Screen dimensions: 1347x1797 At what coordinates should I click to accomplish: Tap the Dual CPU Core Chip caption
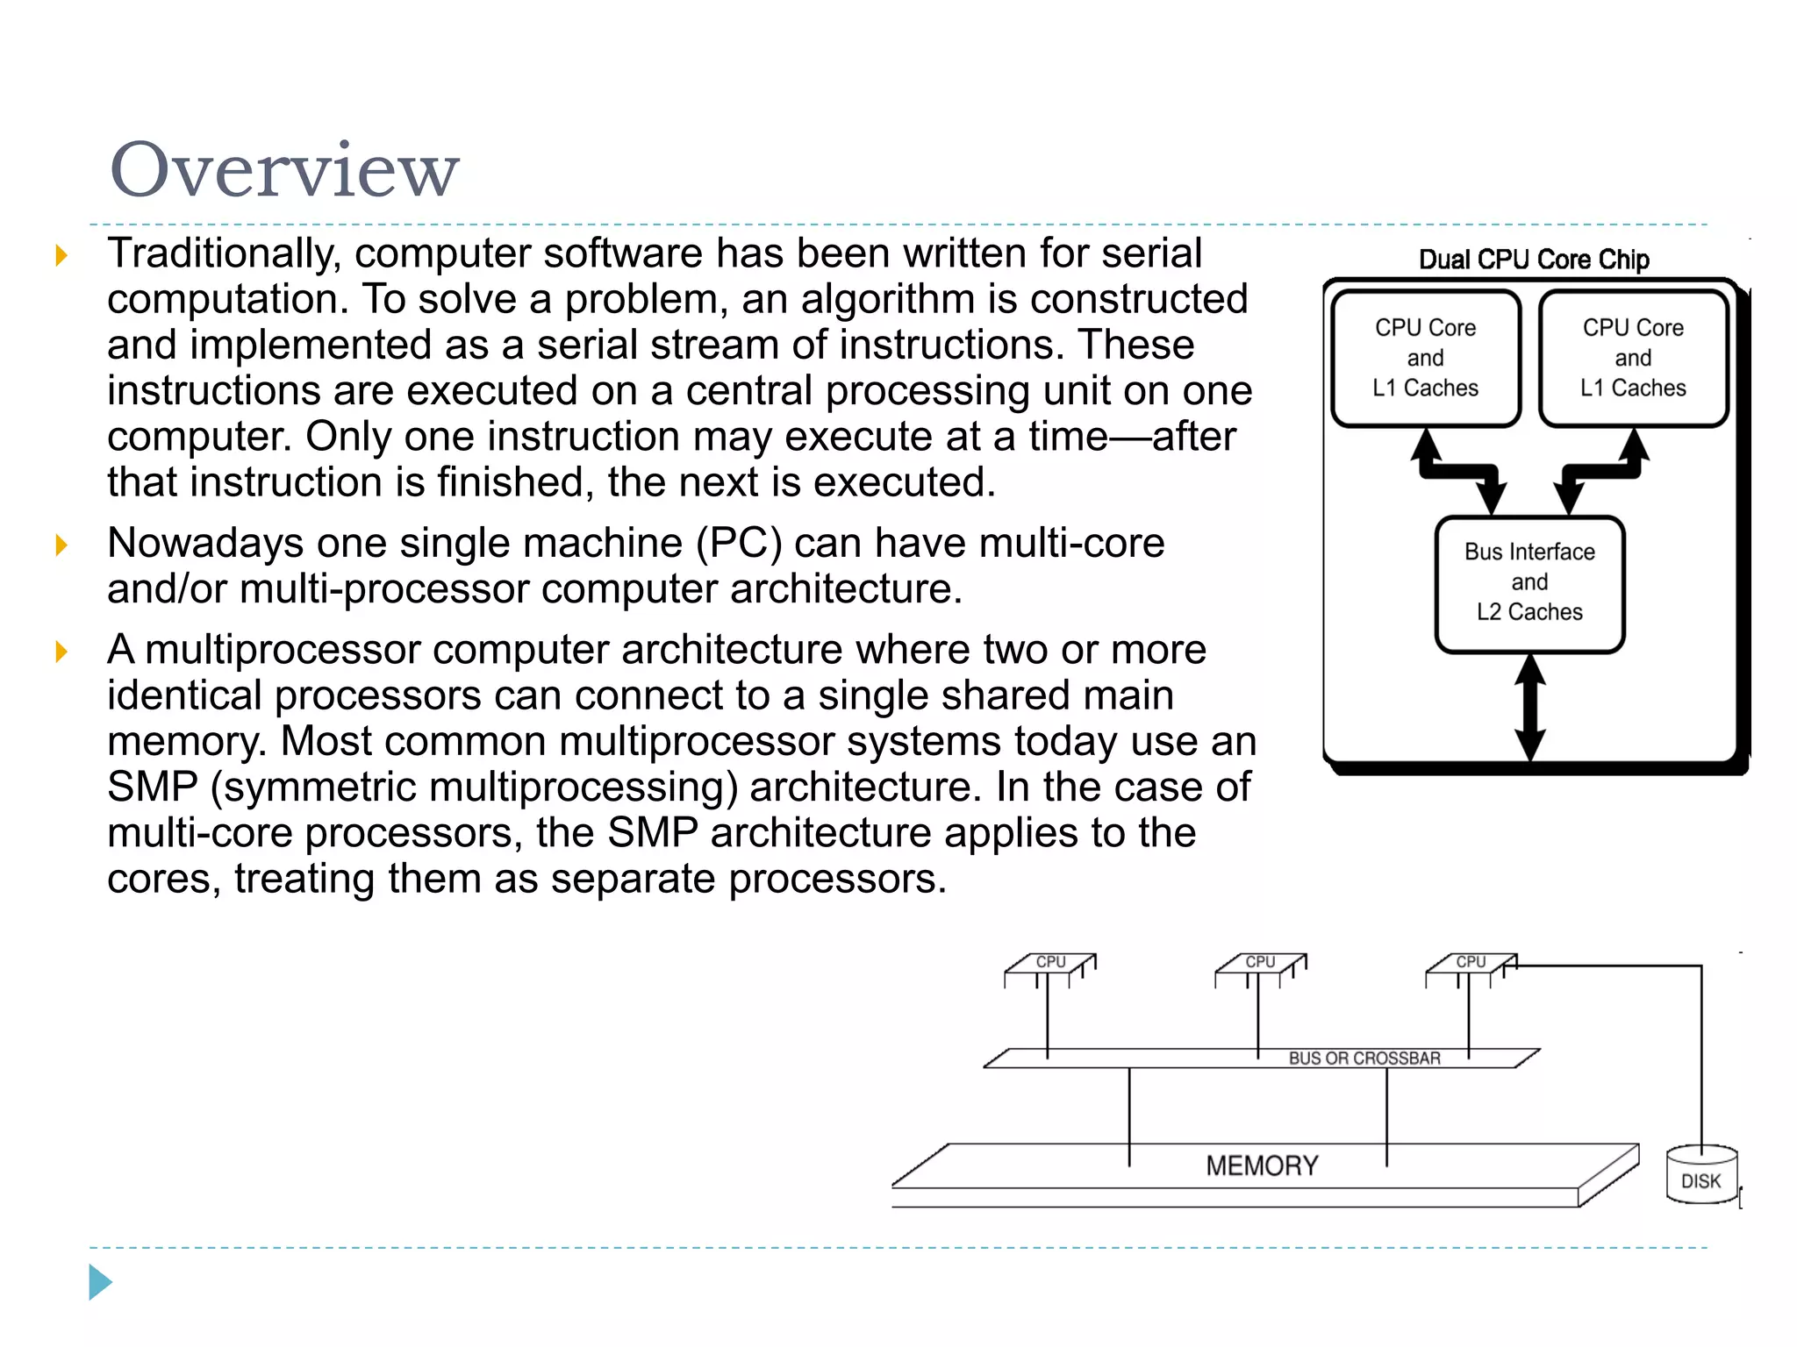pos(1534,260)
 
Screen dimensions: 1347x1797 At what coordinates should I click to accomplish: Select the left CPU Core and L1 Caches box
pos(1425,358)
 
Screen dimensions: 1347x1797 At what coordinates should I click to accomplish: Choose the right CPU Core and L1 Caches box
pos(1633,358)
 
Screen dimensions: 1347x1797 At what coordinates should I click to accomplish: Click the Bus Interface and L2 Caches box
pos(1529,582)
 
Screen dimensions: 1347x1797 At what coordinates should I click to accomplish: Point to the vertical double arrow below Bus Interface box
pos(1530,707)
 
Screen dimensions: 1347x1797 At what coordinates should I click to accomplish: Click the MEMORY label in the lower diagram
pos(1262,1165)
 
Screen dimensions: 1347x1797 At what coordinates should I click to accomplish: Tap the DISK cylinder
pos(1700,1175)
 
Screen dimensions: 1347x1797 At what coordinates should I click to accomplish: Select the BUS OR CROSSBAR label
pos(1364,1058)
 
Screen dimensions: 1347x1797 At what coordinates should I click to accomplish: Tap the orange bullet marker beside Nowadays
pos(61,545)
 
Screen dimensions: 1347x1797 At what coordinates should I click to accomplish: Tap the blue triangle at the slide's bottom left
pos(100,1282)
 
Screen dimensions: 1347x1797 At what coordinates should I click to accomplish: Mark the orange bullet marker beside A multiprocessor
pos(61,652)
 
